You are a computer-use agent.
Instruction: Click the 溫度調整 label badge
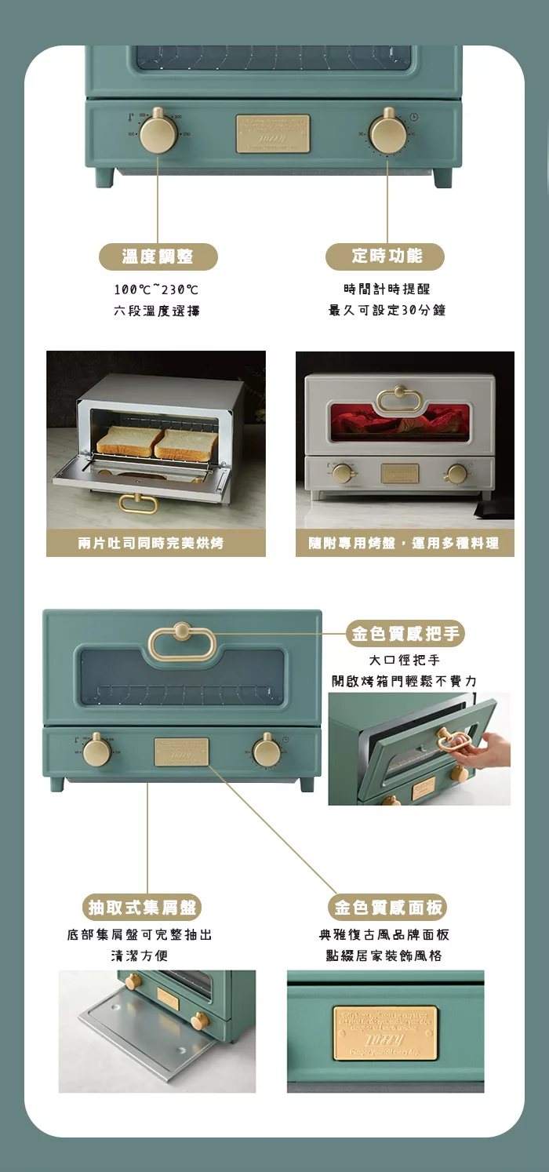click(x=158, y=257)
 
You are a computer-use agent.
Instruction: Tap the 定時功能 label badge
click(x=386, y=257)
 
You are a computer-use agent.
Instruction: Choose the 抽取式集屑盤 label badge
click(x=142, y=908)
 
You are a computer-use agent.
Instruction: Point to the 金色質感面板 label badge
click(x=388, y=908)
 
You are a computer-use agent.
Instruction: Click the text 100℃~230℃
click(x=156, y=289)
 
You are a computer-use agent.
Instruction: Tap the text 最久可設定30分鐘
click(x=387, y=311)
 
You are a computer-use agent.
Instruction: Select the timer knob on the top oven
click(x=387, y=129)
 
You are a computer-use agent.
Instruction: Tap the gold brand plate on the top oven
click(x=273, y=133)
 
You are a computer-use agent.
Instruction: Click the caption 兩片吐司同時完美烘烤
click(x=155, y=543)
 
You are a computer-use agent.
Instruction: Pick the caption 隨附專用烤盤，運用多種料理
click(x=405, y=543)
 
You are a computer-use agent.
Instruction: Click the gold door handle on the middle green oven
click(x=182, y=641)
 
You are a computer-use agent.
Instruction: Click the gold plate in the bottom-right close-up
click(x=385, y=1032)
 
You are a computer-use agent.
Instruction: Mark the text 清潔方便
click(x=140, y=955)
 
